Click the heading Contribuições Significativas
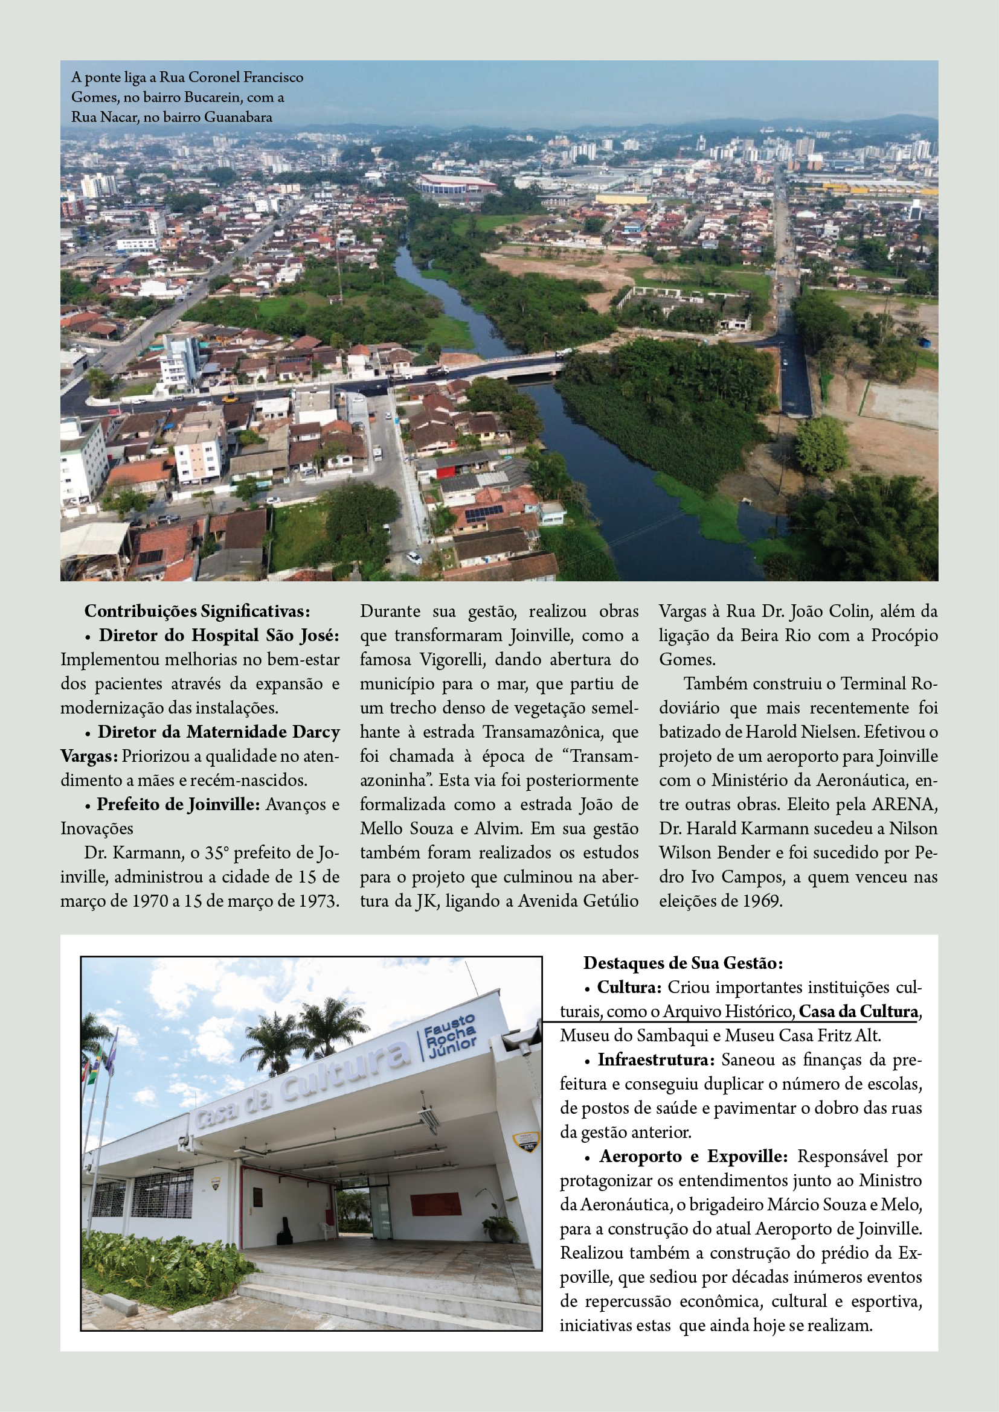[x=197, y=612]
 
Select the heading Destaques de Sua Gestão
[x=683, y=963]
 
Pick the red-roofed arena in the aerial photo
[x=456, y=184]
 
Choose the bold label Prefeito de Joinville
[x=178, y=804]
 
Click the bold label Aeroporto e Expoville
[x=693, y=1156]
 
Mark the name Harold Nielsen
[x=801, y=732]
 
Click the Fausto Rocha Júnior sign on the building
[x=451, y=1035]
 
